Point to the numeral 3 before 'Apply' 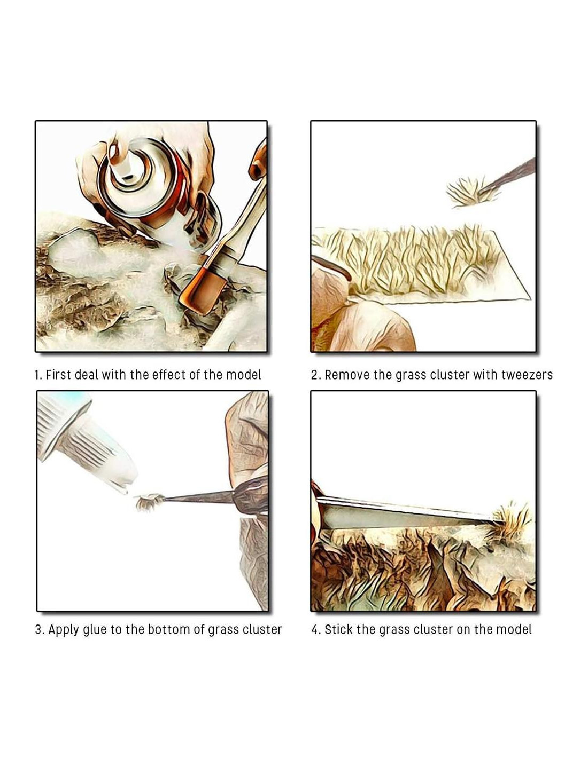(x=38, y=630)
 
